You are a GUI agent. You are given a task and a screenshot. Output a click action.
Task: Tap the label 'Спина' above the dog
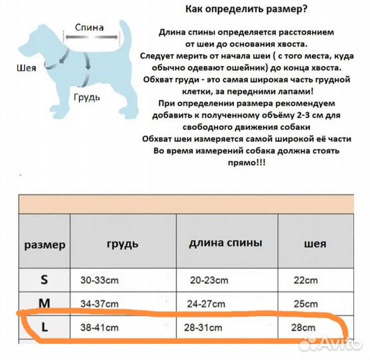(x=89, y=28)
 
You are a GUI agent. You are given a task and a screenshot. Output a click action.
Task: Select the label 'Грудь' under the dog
(x=87, y=97)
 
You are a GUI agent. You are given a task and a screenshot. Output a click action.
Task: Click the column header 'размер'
(x=45, y=244)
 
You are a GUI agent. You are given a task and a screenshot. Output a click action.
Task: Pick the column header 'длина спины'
(x=225, y=243)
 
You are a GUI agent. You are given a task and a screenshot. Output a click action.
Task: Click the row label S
(x=44, y=279)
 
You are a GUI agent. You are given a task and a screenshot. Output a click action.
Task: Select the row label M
(x=44, y=303)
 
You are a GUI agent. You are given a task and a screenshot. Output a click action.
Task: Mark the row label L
(x=44, y=327)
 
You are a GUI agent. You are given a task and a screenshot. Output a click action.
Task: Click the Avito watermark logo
(x=329, y=344)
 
